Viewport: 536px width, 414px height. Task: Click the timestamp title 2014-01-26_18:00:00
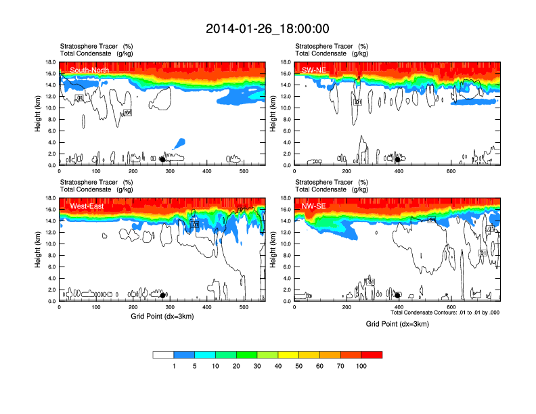[x=267, y=28]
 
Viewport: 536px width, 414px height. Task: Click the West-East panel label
[x=87, y=206]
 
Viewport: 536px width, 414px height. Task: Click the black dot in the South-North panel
[x=162, y=160]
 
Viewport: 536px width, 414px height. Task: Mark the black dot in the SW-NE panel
[x=398, y=160]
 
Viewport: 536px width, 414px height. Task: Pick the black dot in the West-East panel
[x=162, y=295]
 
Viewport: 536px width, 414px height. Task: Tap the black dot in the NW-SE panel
[x=398, y=295]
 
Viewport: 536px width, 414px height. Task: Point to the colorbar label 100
[x=361, y=366]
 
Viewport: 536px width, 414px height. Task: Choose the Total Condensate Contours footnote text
[x=445, y=313]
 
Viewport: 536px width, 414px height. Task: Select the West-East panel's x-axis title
[x=162, y=317]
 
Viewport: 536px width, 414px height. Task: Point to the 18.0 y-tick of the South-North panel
[x=50, y=62]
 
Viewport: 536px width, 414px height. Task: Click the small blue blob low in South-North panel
[x=179, y=143]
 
